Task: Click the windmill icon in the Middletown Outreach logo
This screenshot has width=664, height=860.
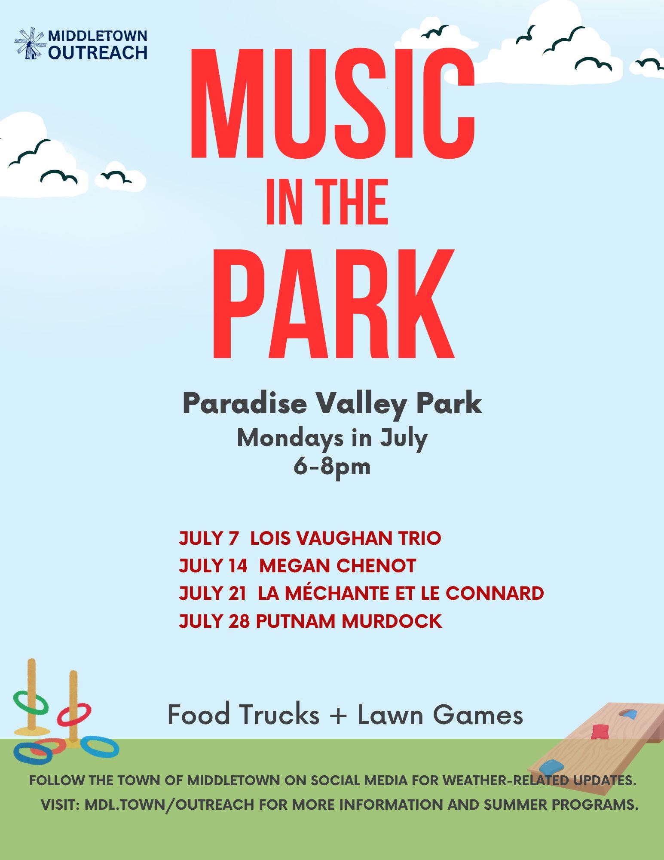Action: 30,43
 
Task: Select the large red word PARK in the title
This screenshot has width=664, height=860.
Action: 334,304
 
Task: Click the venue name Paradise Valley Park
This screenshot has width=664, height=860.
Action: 332,404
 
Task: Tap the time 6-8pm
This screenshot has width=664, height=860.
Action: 332,466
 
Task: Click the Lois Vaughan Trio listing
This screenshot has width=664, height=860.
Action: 346,538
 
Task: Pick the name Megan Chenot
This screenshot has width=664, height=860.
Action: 337,565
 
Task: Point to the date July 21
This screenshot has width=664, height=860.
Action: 213,593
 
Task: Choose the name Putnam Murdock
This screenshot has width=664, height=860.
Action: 349,620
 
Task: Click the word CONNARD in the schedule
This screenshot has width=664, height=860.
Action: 495,593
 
